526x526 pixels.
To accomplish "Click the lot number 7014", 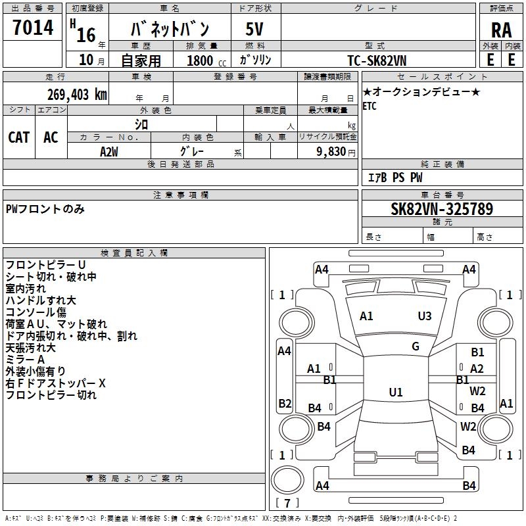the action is point(33,28).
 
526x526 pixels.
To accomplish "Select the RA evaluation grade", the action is point(501,30).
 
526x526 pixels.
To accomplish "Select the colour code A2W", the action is point(109,151).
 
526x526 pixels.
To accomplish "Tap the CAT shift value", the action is point(18,137).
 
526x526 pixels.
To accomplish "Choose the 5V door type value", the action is point(256,30).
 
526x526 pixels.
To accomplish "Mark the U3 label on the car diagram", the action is point(425,316).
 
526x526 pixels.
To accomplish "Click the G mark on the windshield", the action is point(416,347).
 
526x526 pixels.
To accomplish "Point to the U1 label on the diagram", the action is point(395,393).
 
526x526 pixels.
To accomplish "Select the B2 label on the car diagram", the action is point(285,404).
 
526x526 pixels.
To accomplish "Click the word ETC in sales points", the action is point(370,107).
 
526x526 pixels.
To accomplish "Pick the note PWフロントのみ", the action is point(45,209).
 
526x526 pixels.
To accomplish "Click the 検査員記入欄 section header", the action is point(134,253).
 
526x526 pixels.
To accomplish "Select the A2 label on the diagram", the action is point(477,369).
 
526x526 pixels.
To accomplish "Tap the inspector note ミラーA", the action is point(25,360).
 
